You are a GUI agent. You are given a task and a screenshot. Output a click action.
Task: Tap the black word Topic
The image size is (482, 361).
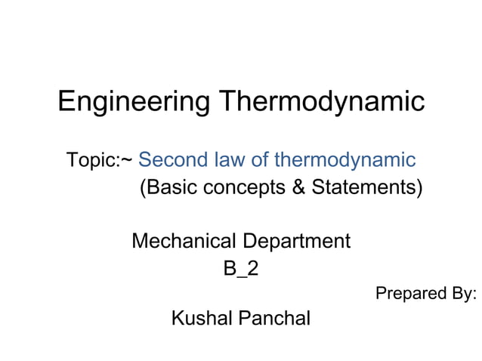click(89, 161)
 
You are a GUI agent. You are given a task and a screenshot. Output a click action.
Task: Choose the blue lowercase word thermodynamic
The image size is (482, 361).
click(345, 160)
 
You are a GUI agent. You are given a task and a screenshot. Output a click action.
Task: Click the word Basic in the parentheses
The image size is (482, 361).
click(168, 187)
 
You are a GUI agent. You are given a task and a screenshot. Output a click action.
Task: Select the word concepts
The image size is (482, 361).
click(245, 187)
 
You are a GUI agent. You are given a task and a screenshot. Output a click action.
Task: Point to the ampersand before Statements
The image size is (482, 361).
click(298, 187)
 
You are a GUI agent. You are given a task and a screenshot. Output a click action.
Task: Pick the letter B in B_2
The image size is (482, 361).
click(229, 268)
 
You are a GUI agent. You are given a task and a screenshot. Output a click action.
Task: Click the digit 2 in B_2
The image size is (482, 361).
click(252, 268)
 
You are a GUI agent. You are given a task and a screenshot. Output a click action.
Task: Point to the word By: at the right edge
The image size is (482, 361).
click(462, 293)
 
